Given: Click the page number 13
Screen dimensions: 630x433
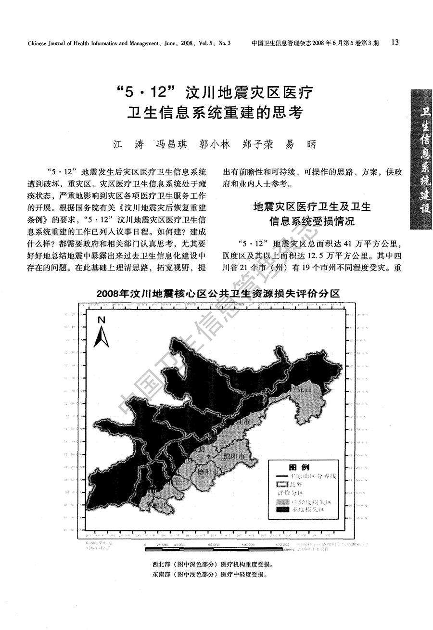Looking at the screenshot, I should pyautogui.click(x=395, y=42).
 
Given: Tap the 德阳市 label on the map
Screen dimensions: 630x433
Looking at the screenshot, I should pyautogui.click(x=208, y=472).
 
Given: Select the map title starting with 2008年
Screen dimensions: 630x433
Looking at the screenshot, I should pyautogui.click(x=218, y=294).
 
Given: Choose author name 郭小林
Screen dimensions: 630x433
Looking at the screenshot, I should pyautogui.click(x=214, y=144).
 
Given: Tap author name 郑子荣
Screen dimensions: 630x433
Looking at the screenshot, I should pyautogui.click(x=257, y=144).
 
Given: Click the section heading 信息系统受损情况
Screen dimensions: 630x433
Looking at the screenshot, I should pyautogui.click(x=312, y=221).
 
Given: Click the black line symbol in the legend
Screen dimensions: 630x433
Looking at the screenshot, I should pyautogui.click(x=282, y=476).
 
